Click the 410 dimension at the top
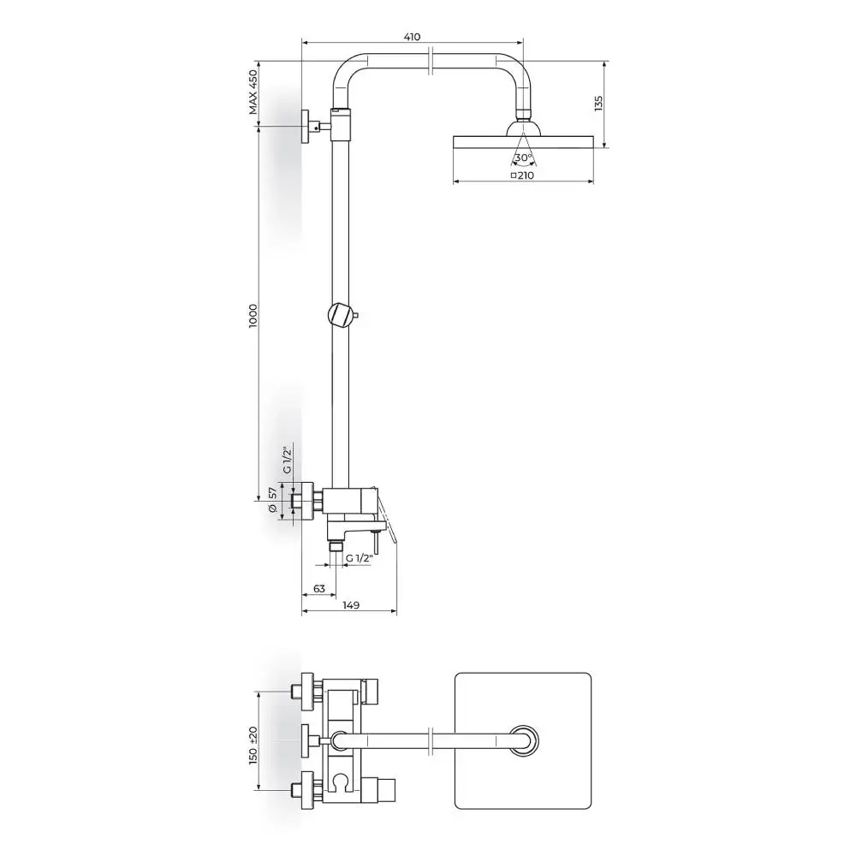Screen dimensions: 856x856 [413, 37]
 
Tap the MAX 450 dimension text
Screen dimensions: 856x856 [253, 92]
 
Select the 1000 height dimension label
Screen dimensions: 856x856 [253, 316]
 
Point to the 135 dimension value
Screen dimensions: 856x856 [599, 104]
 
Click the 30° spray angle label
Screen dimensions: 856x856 [523, 158]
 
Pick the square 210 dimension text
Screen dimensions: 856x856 [522, 175]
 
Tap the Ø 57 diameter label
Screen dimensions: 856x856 [273, 500]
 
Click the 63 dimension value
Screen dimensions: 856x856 [319, 589]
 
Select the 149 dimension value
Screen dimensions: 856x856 [351, 605]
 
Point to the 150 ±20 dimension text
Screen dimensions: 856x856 [253, 746]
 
